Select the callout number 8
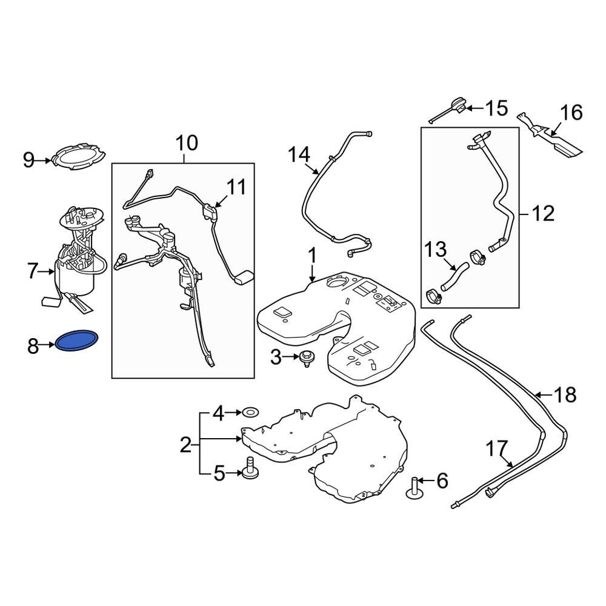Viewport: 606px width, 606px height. click(x=33, y=347)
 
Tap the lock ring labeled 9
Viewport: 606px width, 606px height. click(x=76, y=157)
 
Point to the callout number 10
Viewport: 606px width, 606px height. click(x=187, y=144)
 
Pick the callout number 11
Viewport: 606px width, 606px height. click(x=236, y=187)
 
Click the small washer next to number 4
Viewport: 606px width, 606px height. click(x=250, y=413)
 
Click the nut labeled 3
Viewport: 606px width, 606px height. click(x=306, y=358)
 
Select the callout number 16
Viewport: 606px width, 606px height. click(x=571, y=113)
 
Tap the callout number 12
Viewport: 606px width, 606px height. click(x=543, y=213)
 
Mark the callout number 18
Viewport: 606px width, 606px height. click(x=565, y=395)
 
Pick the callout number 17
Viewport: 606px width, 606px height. click(x=495, y=449)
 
